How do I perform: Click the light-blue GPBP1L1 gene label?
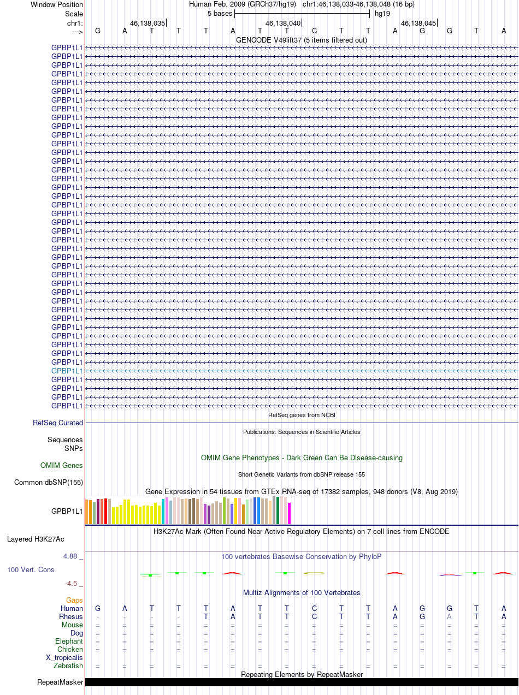click(x=67, y=371)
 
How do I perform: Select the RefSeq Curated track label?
click(x=58, y=423)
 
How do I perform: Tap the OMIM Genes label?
click(x=62, y=466)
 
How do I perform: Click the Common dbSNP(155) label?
click(x=49, y=482)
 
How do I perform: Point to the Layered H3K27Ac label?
click(x=36, y=539)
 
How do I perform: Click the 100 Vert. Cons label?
click(x=31, y=569)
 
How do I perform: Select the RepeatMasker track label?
click(x=60, y=682)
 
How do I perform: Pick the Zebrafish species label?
click(x=68, y=666)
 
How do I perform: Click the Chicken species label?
click(x=69, y=649)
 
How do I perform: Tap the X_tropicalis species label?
click(x=64, y=657)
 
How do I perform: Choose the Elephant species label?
click(x=69, y=641)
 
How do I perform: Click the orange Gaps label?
click(x=74, y=600)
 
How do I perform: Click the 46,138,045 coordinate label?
click(x=418, y=23)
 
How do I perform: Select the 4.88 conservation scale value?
click(x=72, y=556)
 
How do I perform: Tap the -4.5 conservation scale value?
click(x=74, y=583)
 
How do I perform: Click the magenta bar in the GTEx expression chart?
click(x=290, y=513)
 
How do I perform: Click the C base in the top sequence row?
click(x=314, y=31)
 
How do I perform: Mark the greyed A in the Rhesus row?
click(x=449, y=616)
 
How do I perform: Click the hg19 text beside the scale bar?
click(x=382, y=13)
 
